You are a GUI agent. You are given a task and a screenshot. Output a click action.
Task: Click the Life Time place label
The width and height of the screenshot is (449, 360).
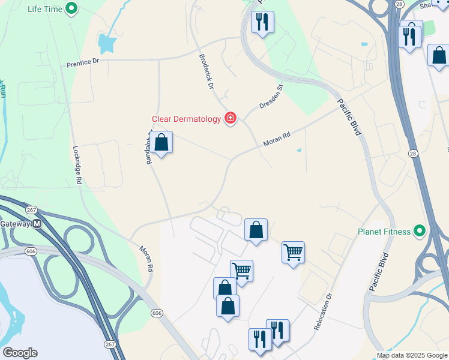coord(44,9)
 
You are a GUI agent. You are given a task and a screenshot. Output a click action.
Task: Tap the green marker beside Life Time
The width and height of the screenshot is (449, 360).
coord(72,9)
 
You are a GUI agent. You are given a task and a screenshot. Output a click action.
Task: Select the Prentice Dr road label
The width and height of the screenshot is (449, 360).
coord(83,62)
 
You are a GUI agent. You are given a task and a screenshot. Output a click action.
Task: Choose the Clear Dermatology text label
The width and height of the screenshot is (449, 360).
coord(186,119)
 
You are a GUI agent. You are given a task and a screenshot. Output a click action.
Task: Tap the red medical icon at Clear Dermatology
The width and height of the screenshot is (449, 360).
coord(230,118)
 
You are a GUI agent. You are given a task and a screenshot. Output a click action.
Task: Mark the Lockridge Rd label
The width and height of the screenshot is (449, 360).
coord(77,166)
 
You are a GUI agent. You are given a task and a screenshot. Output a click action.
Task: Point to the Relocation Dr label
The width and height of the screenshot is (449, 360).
coord(323,311)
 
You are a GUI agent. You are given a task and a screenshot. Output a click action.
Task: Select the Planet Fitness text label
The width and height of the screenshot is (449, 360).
coord(384,232)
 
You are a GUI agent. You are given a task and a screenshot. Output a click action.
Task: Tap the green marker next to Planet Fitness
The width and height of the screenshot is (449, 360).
coord(420,231)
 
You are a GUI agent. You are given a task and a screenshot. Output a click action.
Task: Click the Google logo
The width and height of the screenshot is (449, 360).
coord(20,353)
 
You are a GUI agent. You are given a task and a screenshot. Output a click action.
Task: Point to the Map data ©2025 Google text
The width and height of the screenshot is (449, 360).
coord(411,355)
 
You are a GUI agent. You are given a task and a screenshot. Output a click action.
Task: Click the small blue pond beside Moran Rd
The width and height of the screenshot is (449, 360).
coord(298,150)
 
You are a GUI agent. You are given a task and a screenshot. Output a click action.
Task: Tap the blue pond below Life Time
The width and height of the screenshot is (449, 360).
coord(108,42)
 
